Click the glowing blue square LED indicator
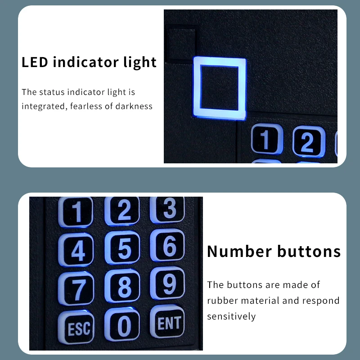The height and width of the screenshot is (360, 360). (x=220, y=88)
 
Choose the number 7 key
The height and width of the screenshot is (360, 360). (x=78, y=288)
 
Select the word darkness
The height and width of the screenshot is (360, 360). (x=134, y=107)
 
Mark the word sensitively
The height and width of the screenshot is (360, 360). (x=231, y=316)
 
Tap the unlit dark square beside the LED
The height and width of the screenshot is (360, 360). (x=181, y=43)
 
